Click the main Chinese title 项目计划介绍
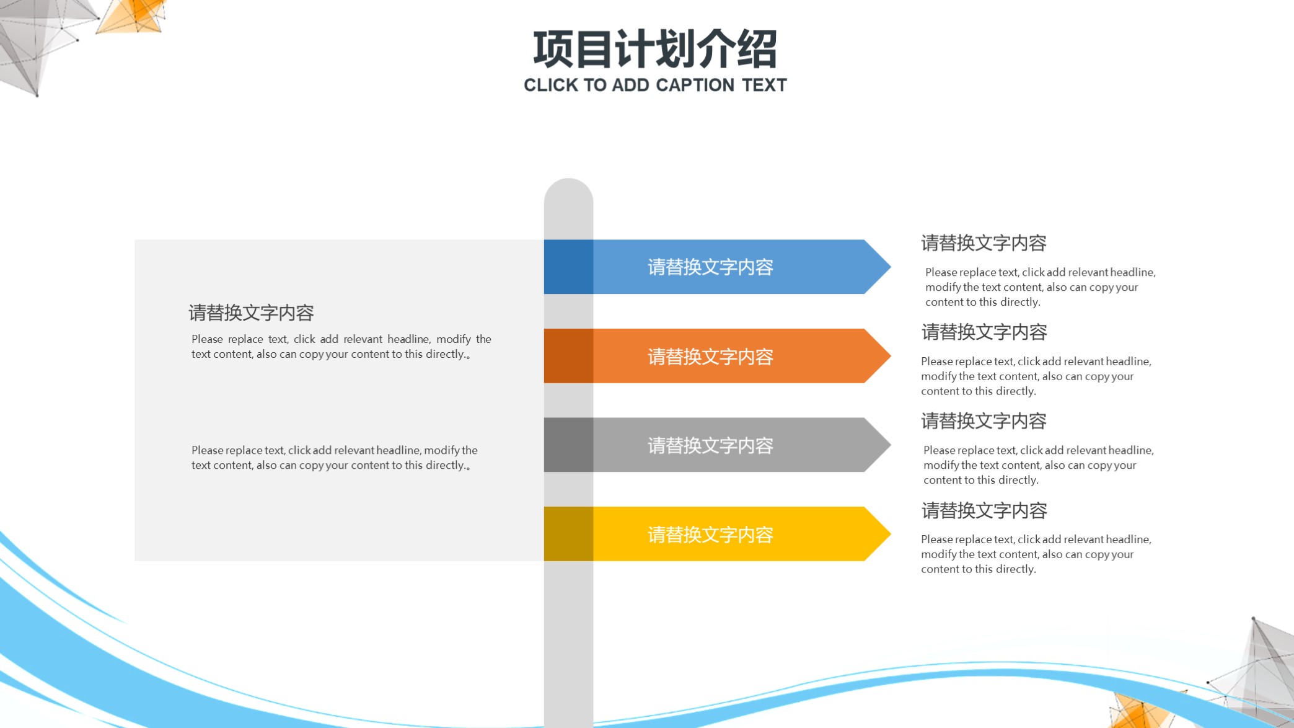[x=655, y=49]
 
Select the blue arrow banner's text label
[x=710, y=267]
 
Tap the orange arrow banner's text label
[x=710, y=357]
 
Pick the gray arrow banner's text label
[x=710, y=445]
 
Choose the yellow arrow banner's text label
[x=710, y=535]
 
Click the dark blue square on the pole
[x=568, y=267]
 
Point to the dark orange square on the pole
[x=568, y=356]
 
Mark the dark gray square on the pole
[x=568, y=445]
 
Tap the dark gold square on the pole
[x=568, y=534]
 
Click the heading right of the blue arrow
[x=984, y=243]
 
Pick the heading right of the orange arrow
[x=984, y=332]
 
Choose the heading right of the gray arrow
[x=984, y=422]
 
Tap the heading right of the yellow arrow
[x=984, y=511]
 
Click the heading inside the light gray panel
[x=251, y=313]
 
